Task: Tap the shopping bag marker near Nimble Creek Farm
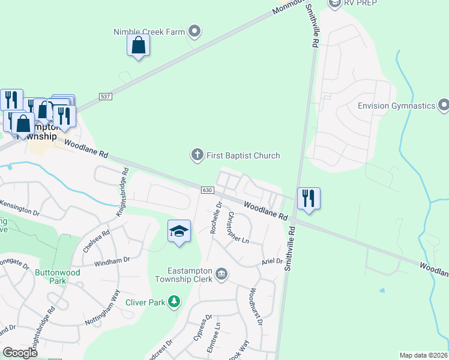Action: (138, 46)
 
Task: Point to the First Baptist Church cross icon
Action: (196, 156)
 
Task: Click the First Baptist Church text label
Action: (243, 156)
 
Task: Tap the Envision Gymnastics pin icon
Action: (444, 106)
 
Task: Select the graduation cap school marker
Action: (179, 232)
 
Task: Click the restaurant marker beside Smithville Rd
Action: (309, 199)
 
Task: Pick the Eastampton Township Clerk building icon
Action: (221, 274)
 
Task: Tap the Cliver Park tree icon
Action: (174, 301)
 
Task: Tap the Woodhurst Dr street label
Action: (256, 307)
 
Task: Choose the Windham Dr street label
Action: (112, 260)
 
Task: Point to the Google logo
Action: (20, 353)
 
